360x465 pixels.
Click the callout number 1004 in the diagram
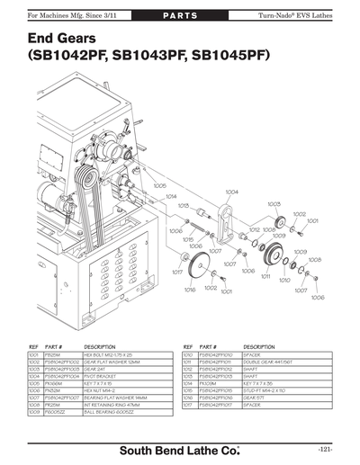[231, 192]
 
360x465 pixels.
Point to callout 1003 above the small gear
[274, 204]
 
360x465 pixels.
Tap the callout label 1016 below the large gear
[190, 291]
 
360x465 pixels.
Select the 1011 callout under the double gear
[265, 278]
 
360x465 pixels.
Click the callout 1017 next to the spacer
[177, 271]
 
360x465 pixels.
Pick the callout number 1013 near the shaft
[183, 206]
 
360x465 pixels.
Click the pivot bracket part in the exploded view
[227, 225]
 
